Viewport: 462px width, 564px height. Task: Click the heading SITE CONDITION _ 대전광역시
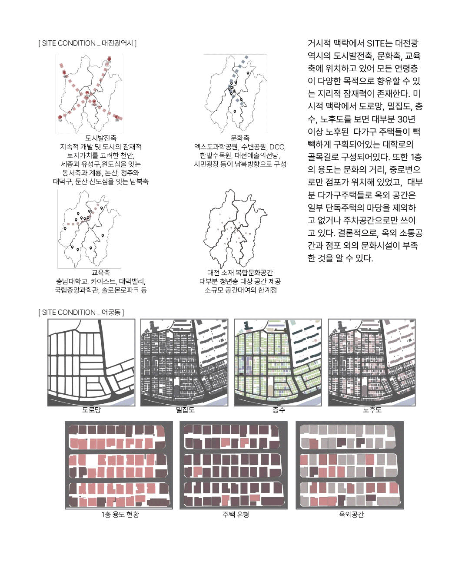[87, 43]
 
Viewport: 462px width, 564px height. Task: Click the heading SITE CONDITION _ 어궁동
[81, 312]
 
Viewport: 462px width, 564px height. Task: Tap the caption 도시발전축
[101, 138]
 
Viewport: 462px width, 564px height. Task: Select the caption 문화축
[240, 138]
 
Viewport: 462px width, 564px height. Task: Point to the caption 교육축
[101, 273]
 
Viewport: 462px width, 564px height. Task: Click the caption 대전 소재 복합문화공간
[240, 273]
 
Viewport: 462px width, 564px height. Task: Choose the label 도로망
[91, 410]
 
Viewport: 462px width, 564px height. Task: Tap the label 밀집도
[185, 410]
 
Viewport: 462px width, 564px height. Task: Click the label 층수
[279, 410]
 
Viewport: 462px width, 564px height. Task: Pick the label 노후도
[372, 410]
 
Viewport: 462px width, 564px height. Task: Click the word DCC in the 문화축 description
[277, 147]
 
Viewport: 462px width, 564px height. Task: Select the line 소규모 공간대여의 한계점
[240, 290]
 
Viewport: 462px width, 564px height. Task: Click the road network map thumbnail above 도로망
[91, 363]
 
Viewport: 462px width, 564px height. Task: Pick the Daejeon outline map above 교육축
[89, 229]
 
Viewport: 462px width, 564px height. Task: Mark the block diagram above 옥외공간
[349, 465]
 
